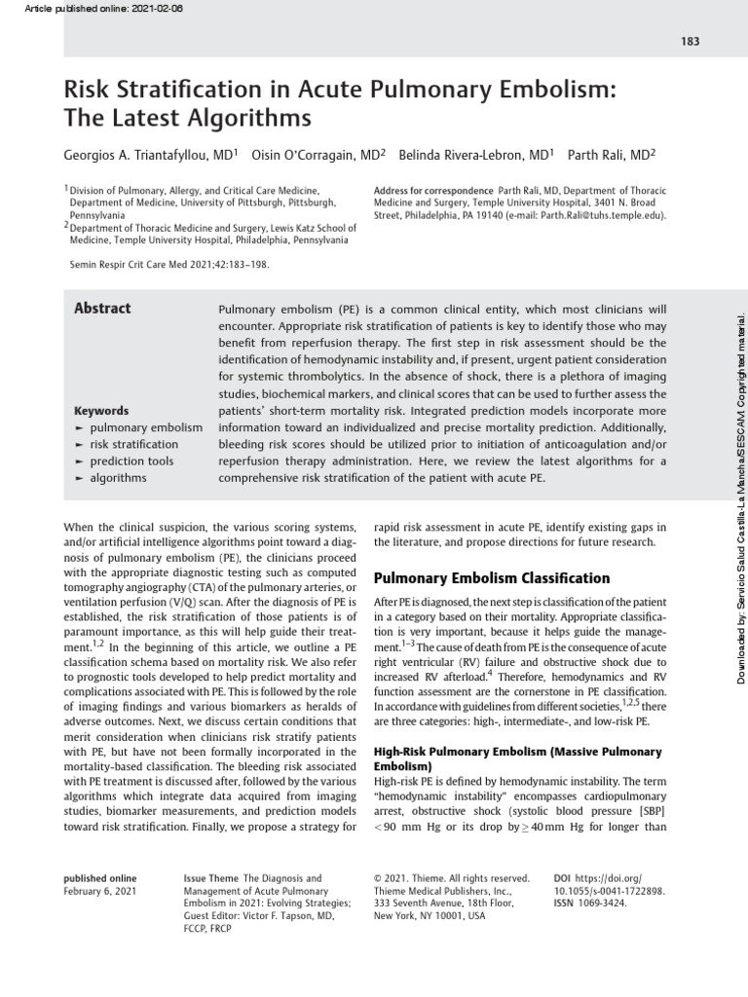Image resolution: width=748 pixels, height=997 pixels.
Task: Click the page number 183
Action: pos(691,41)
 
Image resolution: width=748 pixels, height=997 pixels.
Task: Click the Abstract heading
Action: pos(102,309)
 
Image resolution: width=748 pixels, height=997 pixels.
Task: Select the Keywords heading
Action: pos(101,411)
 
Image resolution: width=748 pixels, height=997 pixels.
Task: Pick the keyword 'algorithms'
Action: pos(118,478)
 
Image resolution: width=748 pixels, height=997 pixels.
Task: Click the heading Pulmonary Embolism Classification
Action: pos(492,578)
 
